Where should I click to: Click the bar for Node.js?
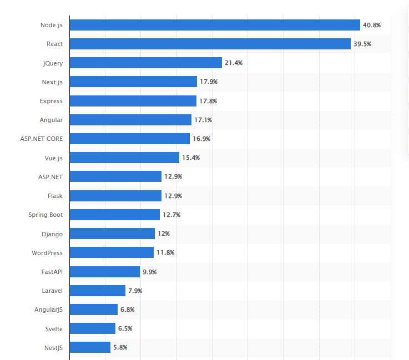click(x=215, y=25)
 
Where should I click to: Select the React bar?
click(x=210, y=44)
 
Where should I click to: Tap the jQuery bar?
click(x=145, y=63)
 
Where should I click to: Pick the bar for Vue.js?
click(x=124, y=158)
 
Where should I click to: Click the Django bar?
click(x=112, y=234)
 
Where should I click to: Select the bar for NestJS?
click(x=90, y=347)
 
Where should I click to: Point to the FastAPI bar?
click(x=105, y=271)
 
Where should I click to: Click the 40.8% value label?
click(x=371, y=25)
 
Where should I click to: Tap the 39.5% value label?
click(x=362, y=44)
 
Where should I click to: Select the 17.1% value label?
click(x=203, y=120)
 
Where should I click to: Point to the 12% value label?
click(x=163, y=234)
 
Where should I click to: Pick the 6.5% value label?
click(x=125, y=328)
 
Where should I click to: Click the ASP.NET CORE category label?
click(x=41, y=139)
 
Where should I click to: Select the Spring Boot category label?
click(x=46, y=215)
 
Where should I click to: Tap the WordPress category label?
click(x=47, y=252)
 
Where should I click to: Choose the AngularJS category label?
click(x=49, y=310)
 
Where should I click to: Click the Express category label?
click(x=51, y=101)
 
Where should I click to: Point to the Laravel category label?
click(x=52, y=291)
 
